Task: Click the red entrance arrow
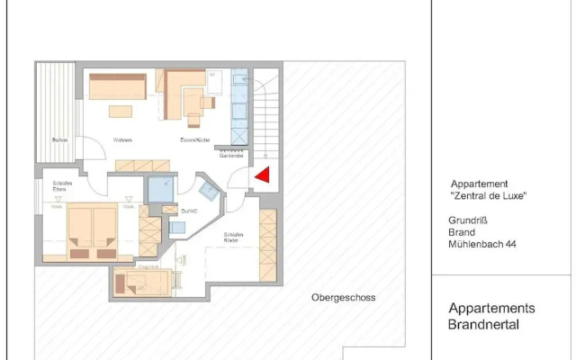point(263,176)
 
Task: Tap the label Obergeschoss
point(343,297)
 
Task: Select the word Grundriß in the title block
point(466,220)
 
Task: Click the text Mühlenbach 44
point(482,243)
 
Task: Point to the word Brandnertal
point(483,324)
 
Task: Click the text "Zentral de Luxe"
point(487,195)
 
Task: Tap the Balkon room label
point(59,140)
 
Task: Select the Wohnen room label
point(122,140)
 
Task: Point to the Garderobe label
point(232,155)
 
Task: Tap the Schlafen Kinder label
point(231,238)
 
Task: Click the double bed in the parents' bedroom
point(92,231)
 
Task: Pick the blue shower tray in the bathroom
point(162,190)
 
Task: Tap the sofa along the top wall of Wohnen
point(118,86)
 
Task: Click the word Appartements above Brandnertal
point(491,307)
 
